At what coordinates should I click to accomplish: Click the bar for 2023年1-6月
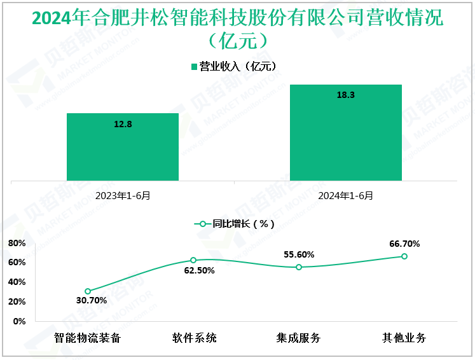pyautogui.click(x=123, y=147)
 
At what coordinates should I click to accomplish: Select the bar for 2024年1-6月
pyautogui.click(x=345, y=132)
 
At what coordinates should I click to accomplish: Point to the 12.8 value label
pyautogui.click(x=123, y=124)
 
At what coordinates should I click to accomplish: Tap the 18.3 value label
pyautogui.click(x=345, y=95)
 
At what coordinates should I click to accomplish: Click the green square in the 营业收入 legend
pyautogui.click(x=195, y=66)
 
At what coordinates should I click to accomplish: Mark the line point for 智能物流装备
pyautogui.click(x=88, y=291)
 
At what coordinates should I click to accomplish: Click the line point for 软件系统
pyautogui.click(x=193, y=260)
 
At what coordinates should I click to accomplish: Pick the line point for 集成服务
pyautogui.click(x=299, y=267)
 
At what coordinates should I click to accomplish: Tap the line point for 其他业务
pyautogui.click(x=404, y=256)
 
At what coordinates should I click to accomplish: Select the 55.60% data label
pyautogui.click(x=299, y=254)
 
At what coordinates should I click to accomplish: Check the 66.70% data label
pyautogui.click(x=404, y=244)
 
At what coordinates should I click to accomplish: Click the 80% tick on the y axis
pyautogui.click(x=17, y=243)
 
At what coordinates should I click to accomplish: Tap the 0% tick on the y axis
pyautogui.click(x=20, y=321)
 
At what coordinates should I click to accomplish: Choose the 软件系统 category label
pyautogui.click(x=194, y=338)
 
